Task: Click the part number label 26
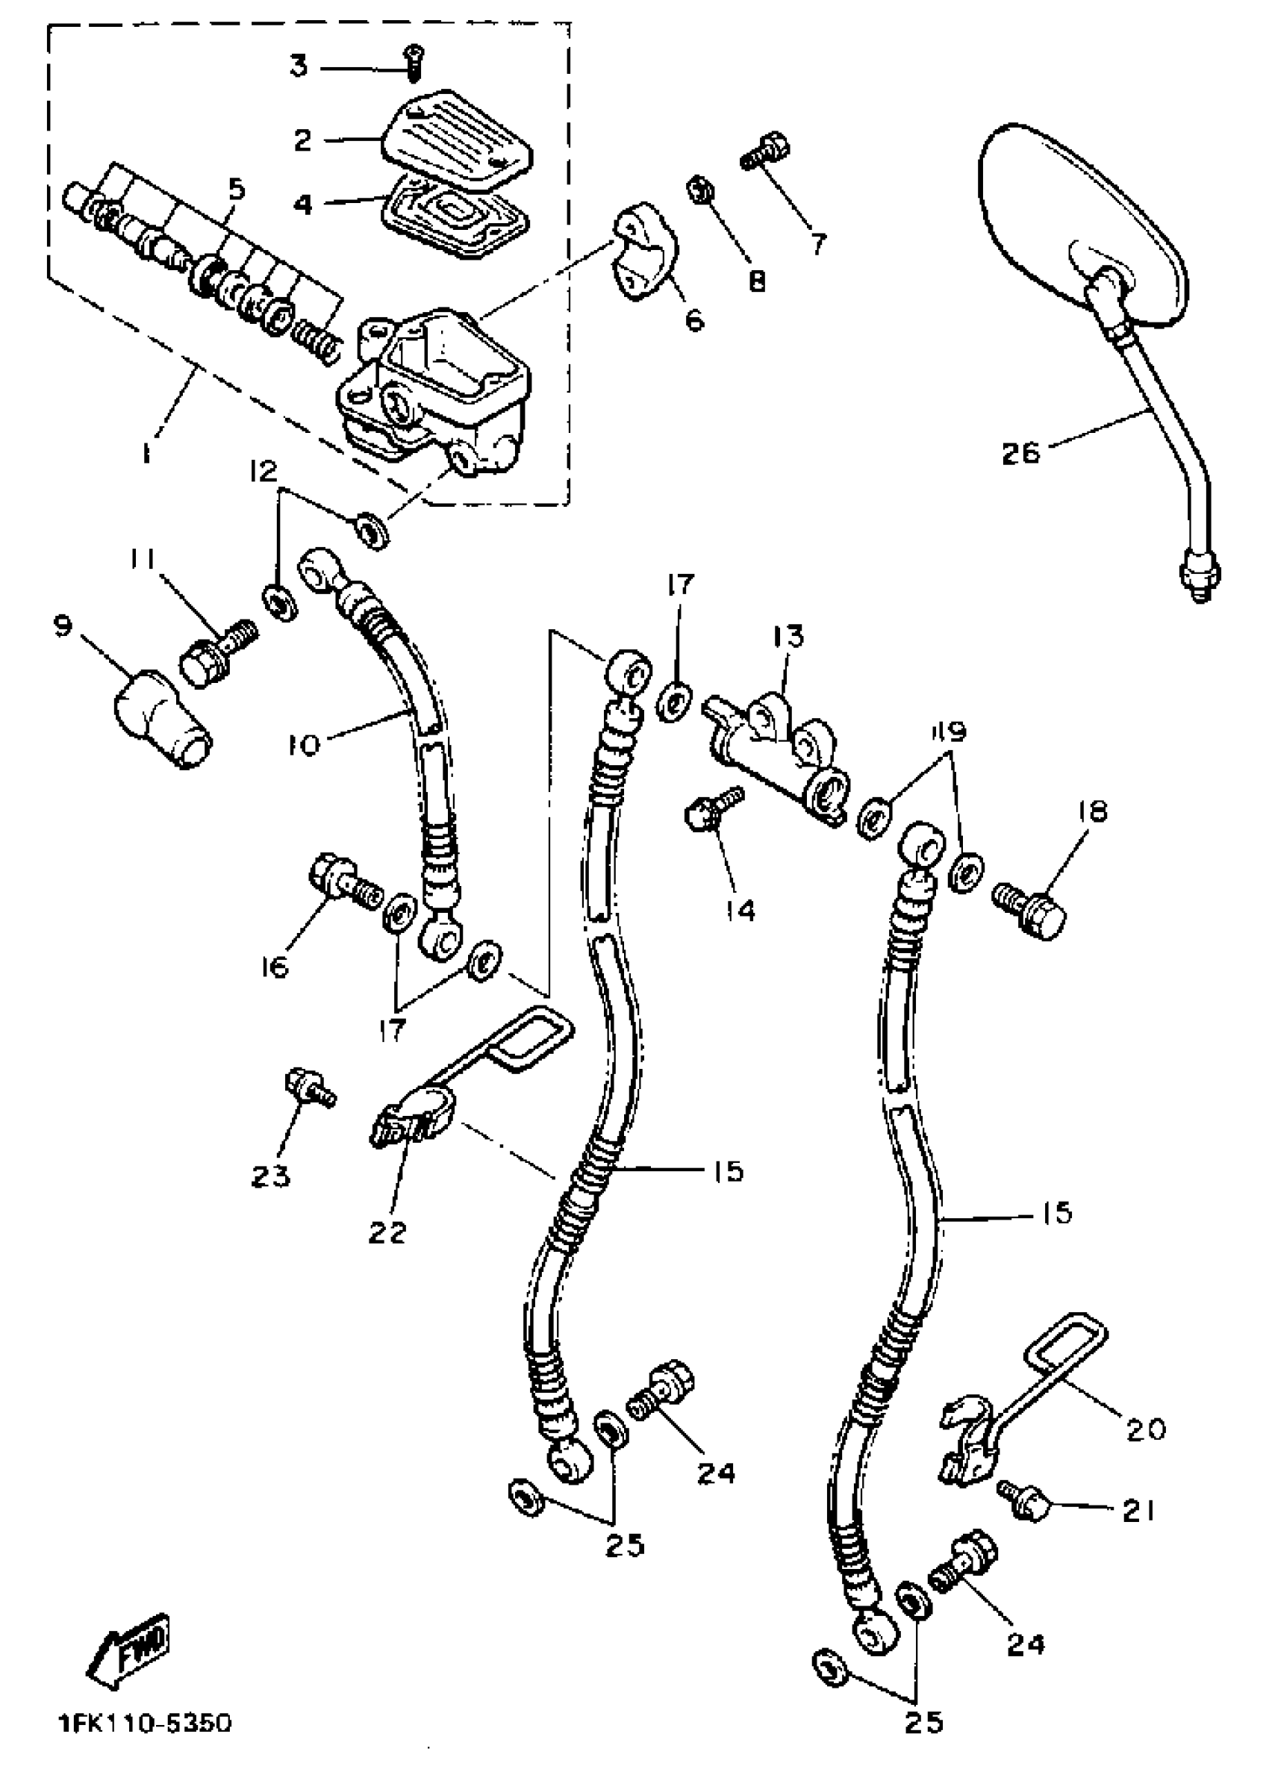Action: [1021, 452]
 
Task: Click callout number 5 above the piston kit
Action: [235, 189]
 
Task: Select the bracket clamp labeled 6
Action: [645, 250]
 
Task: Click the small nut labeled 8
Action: [697, 190]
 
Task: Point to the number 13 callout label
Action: [789, 637]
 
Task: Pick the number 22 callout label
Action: [388, 1233]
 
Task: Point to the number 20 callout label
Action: [1147, 1428]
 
